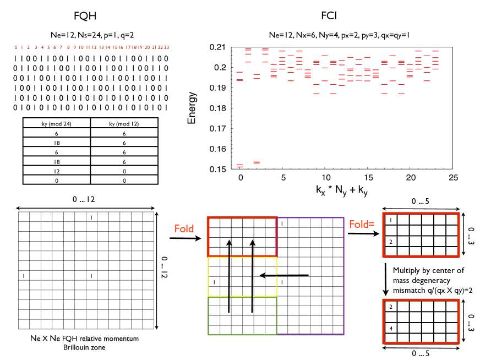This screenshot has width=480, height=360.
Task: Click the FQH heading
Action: pos(90,16)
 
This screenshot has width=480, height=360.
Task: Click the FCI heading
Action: pos(329,16)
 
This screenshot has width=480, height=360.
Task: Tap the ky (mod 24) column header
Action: pos(56,124)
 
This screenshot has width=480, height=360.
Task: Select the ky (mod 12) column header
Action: pos(124,124)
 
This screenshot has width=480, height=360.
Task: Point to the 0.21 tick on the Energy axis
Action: pos(220,47)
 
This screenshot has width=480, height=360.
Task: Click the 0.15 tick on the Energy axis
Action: pos(220,170)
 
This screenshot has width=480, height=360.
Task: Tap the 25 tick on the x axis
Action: pos(453,179)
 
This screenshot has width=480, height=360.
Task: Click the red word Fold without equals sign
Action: pos(183,228)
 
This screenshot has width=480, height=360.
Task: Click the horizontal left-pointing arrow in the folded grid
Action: pos(284,275)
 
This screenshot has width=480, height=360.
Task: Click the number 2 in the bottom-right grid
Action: pos(390,307)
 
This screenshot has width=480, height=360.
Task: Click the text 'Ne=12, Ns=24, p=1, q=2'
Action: pos(90,34)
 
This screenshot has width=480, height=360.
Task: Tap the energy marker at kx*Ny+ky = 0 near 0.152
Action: pos(240,165)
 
